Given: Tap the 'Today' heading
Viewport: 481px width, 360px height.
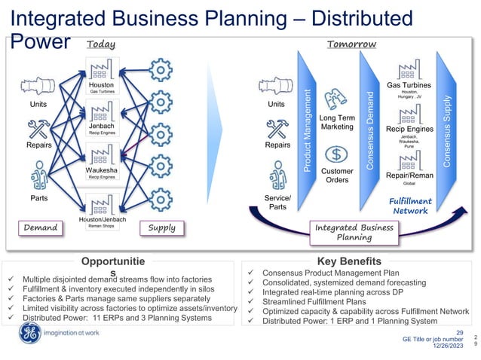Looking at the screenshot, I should pos(101,44).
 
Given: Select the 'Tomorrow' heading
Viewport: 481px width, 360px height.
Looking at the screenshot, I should pos(351,44).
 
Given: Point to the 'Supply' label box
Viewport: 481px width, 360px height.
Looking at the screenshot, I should pos(162,227).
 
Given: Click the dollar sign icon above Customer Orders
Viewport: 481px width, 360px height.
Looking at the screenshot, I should pos(337,154).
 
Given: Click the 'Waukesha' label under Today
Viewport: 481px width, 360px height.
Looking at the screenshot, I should pos(100,170).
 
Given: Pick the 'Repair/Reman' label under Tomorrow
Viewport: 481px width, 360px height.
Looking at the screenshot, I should pos(410,174).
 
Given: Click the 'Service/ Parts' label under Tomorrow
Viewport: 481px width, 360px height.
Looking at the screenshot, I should pos(277,201).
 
